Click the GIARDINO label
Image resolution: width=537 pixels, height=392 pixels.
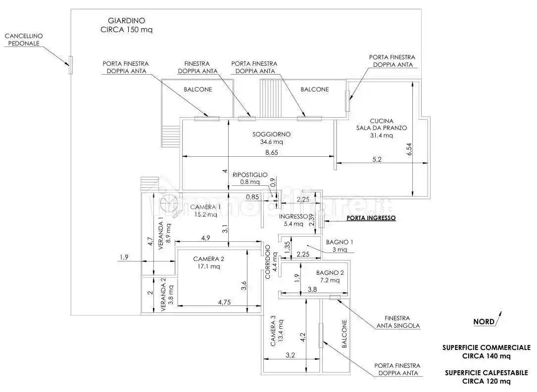[x=126, y=21]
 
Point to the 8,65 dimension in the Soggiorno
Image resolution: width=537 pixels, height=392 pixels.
[x=271, y=152]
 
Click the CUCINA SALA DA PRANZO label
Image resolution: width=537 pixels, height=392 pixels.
[x=381, y=128]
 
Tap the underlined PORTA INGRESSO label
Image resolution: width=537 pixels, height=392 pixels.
[x=371, y=218]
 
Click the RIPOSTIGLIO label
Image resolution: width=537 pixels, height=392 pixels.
[x=250, y=174]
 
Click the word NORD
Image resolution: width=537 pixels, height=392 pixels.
[x=484, y=321]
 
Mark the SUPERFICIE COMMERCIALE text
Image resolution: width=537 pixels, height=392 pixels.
[x=486, y=348]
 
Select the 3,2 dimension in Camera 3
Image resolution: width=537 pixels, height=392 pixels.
[x=290, y=354]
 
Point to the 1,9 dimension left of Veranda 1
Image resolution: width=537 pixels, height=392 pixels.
[x=124, y=257]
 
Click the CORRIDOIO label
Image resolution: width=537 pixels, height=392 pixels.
[x=268, y=262]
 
